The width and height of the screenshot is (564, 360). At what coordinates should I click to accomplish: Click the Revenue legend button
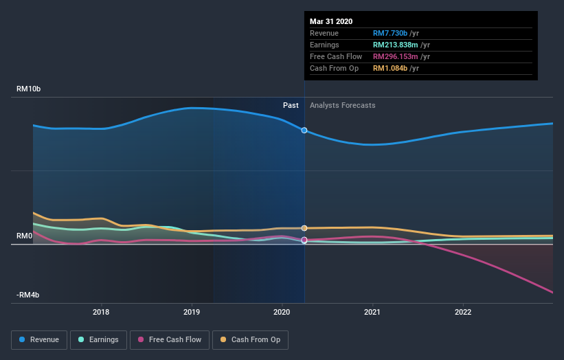click(x=40, y=339)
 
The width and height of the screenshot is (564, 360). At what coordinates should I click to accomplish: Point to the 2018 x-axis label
click(x=102, y=312)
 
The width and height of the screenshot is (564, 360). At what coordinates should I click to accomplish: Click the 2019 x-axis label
click(x=192, y=312)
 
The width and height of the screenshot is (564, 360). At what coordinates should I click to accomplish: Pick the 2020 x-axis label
click(x=282, y=312)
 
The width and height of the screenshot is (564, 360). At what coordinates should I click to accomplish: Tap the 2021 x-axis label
click(x=372, y=312)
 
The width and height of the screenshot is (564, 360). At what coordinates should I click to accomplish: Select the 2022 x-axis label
click(x=463, y=312)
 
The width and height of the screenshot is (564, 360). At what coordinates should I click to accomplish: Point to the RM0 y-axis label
click(x=25, y=236)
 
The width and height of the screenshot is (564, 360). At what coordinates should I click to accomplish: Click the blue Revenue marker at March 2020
click(x=304, y=130)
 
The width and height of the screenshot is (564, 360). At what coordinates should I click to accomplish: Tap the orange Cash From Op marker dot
click(x=304, y=228)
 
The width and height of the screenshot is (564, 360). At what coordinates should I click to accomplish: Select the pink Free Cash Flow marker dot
click(x=304, y=240)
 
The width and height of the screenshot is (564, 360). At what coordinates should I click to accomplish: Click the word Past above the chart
click(x=291, y=105)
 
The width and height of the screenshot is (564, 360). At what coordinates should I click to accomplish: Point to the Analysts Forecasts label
click(x=343, y=105)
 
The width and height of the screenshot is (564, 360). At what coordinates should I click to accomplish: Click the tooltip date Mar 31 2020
click(x=331, y=21)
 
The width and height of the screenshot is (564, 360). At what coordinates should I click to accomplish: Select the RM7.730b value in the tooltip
click(x=390, y=33)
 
